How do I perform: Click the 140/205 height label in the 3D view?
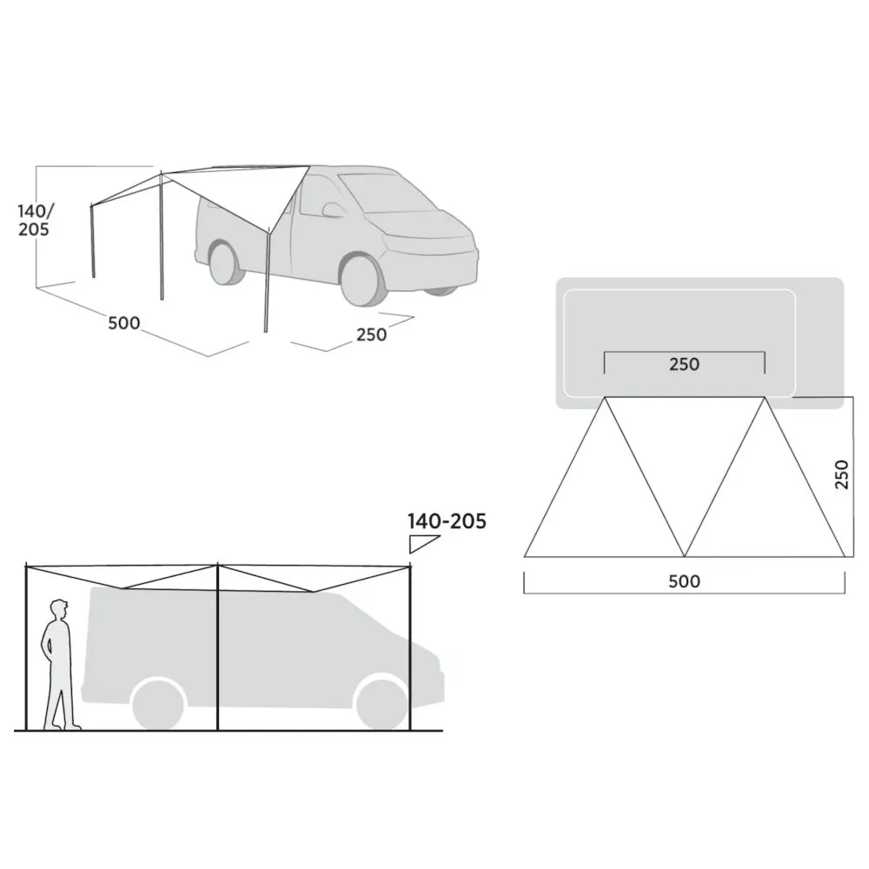coord(36,220)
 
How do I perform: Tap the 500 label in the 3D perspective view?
coord(123,322)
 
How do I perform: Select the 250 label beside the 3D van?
coord(371,335)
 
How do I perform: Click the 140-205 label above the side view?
coord(447,521)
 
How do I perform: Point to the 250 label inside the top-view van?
coord(685,364)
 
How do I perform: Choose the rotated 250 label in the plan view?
coord(841,474)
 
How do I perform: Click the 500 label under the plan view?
coord(685,580)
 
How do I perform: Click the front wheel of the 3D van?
coord(363,281)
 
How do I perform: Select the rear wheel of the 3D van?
coord(226,263)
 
